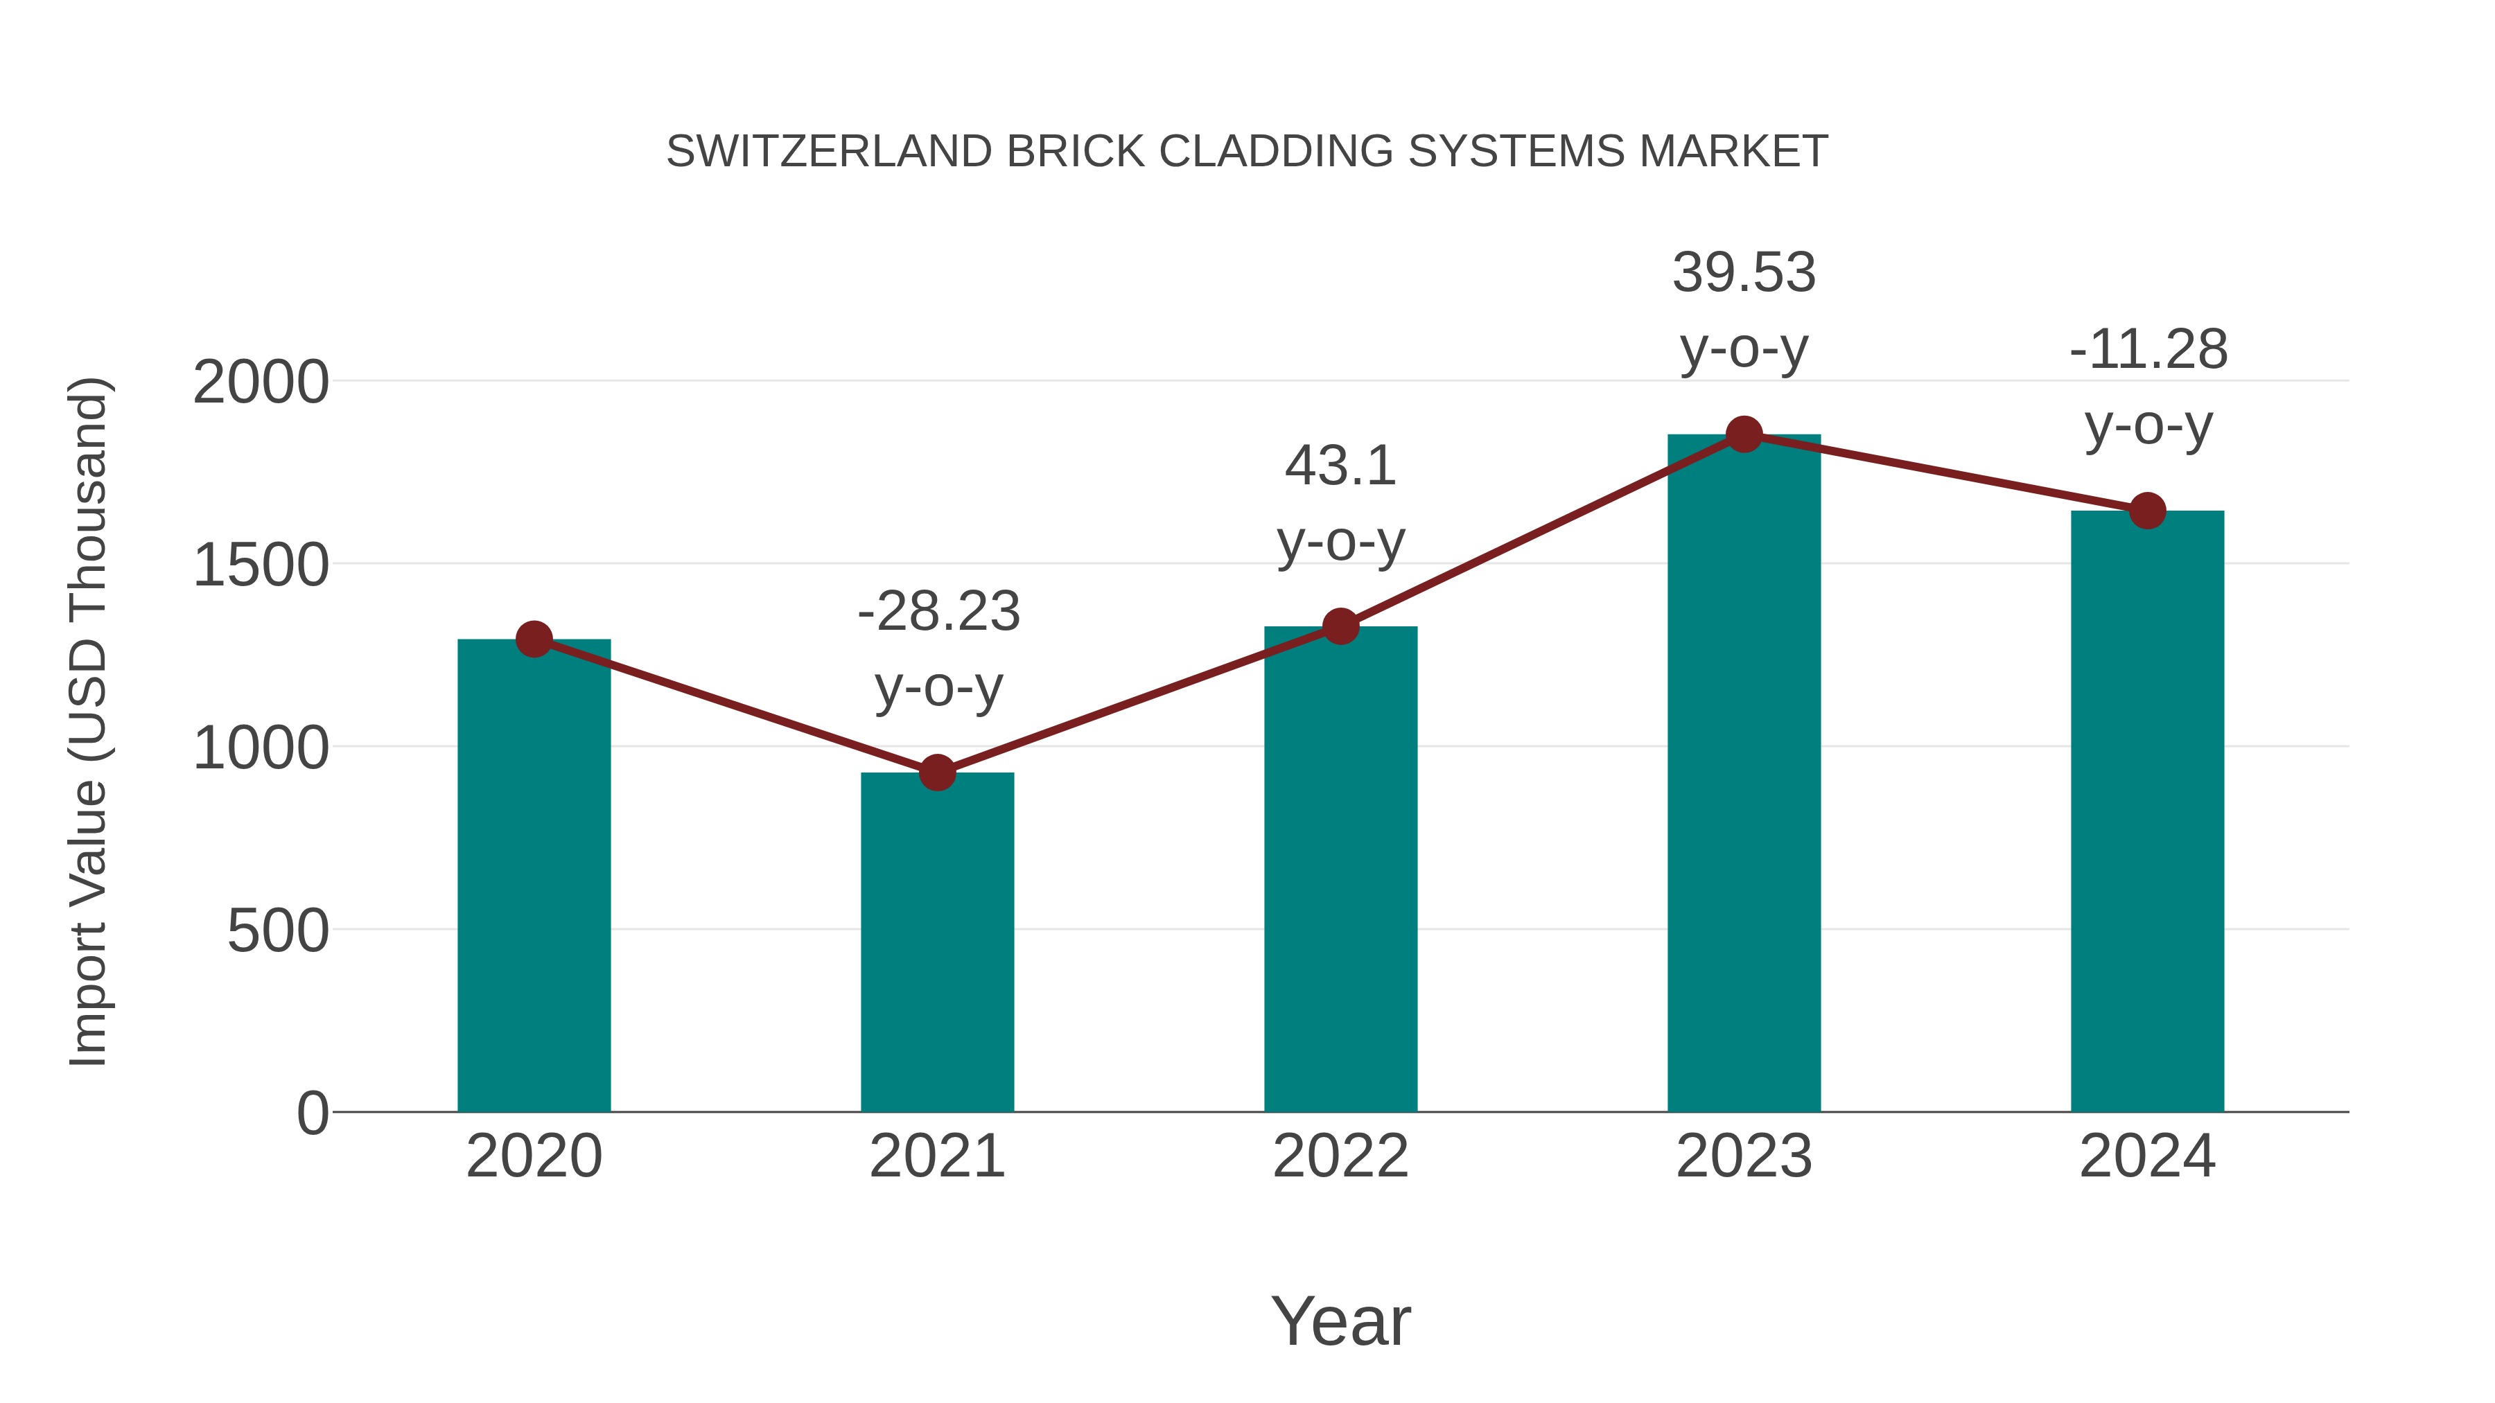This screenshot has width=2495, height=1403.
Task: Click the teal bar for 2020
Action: click(534, 876)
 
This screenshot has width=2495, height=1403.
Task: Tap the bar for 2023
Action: click(1744, 775)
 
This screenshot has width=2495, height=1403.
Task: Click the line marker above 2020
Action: click(534, 639)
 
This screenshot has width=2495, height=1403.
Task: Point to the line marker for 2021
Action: click(936, 773)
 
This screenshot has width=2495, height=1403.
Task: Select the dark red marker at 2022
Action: click(1340, 626)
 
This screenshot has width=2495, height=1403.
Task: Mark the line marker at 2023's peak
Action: click(1744, 434)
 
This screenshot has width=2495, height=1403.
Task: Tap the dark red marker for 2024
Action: click(2147, 510)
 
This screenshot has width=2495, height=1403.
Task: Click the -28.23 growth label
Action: click(938, 612)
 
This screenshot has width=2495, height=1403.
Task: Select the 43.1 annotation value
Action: click(1340, 467)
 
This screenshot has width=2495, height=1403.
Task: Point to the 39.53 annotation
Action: click(1744, 273)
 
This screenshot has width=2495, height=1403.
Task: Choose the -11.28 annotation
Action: click(2148, 351)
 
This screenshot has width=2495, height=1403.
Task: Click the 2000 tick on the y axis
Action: click(261, 382)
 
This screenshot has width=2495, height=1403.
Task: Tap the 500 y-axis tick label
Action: click(278, 931)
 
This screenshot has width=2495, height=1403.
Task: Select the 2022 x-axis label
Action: click(1340, 1156)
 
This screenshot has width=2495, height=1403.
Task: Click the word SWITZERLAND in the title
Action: click(829, 152)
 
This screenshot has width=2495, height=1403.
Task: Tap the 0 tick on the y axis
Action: click(313, 1113)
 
